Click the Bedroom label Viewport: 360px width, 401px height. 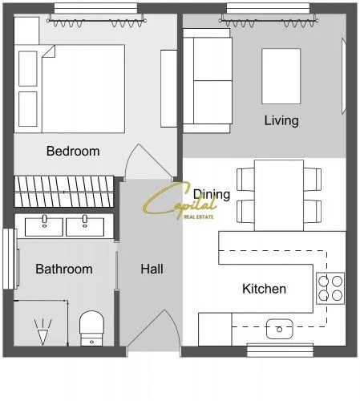pos(73,151)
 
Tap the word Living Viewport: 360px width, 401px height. pos(281,120)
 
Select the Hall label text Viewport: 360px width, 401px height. pos(152,269)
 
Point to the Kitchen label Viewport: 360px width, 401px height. pos(264,289)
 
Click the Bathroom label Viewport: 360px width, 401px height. pos(64,269)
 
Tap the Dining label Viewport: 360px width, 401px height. pos(212,195)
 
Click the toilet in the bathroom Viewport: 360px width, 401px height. pos(91,328)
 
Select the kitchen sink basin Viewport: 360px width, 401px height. pos(280,329)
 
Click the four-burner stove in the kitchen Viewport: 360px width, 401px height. pos(330,288)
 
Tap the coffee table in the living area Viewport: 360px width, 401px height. pos(281,76)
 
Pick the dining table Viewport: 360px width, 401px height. pos(279,196)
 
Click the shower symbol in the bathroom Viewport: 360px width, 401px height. pos(42,331)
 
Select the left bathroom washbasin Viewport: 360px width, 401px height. pos(44,227)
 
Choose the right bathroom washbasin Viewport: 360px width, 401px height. pos(85,227)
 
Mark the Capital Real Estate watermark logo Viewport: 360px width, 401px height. pos(180,201)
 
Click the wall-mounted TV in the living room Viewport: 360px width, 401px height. pos(344,76)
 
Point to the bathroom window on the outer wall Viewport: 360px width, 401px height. pos(9,259)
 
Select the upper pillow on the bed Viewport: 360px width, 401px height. pos(28,69)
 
